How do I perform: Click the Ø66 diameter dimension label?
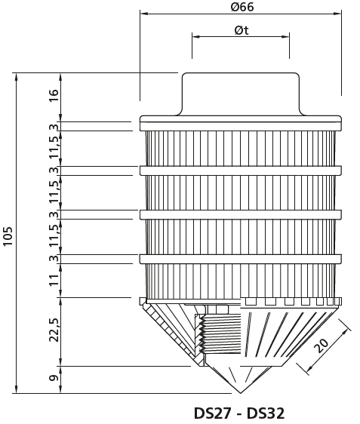click(242, 7)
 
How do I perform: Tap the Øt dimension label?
click(242, 30)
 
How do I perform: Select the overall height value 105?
click(8, 236)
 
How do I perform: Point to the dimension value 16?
click(54, 95)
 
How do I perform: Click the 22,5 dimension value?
click(54, 330)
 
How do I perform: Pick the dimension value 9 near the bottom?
click(54, 378)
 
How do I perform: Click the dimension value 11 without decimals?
click(54, 280)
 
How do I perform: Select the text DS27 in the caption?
click(213, 413)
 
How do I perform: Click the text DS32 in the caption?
click(266, 413)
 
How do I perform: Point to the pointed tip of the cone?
click(241, 393)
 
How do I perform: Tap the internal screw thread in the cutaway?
click(220, 333)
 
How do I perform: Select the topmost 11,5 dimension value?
click(54, 147)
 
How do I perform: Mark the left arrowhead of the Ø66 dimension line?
click(144, 14)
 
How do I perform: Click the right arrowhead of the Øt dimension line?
click(285, 36)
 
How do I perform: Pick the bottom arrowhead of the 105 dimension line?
click(17, 389)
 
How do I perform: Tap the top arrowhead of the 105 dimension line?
click(17, 76)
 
